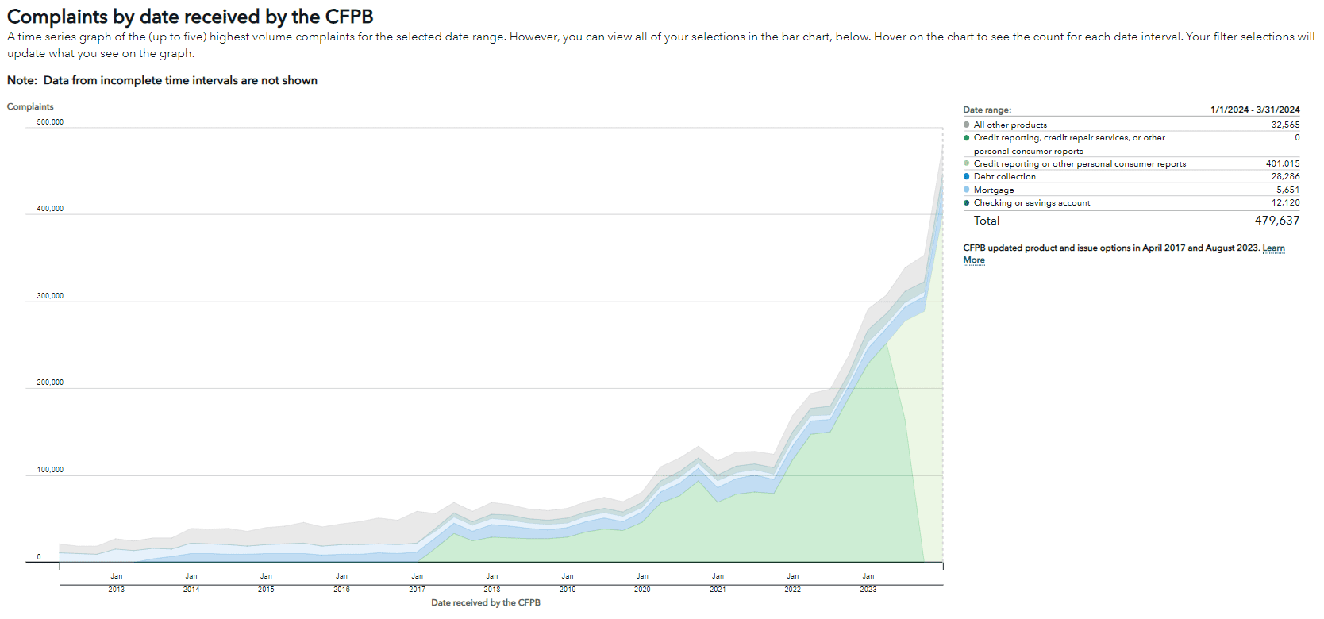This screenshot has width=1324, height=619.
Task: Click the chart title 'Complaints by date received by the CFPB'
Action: [x=190, y=17]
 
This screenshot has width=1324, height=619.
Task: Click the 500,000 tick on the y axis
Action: [x=50, y=122]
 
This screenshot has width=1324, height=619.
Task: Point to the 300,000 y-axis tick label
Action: [x=50, y=296]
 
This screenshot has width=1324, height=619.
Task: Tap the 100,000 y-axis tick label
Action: [x=50, y=470]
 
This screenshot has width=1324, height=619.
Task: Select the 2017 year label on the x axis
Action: [x=417, y=590]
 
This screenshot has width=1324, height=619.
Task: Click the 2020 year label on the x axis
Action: [x=642, y=590]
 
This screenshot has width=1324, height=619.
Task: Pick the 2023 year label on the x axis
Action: [x=868, y=590]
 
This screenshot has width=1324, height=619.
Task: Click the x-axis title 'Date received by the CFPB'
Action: [x=485, y=603]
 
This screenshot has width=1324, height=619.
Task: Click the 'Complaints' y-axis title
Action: [x=30, y=106]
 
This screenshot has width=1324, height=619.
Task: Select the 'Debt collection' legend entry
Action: [x=1004, y=177]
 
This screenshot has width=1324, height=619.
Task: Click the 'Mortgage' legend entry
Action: [x=994, y=190]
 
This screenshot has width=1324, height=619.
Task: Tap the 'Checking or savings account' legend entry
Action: [x=1031, y=203]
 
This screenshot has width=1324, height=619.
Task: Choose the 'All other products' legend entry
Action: [x=1010, y=125]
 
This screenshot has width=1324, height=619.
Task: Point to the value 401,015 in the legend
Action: [x=1282, y=163]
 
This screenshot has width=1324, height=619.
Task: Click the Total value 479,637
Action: [x=1276, y=221]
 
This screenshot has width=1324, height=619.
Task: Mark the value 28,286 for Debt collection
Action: [x=1285, y=177]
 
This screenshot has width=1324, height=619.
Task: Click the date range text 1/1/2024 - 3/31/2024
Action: [x=1254, y=110]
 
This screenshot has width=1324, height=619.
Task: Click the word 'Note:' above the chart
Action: [x=21, y=80]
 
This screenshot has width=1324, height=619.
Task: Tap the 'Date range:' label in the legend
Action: [x=987, y=110]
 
